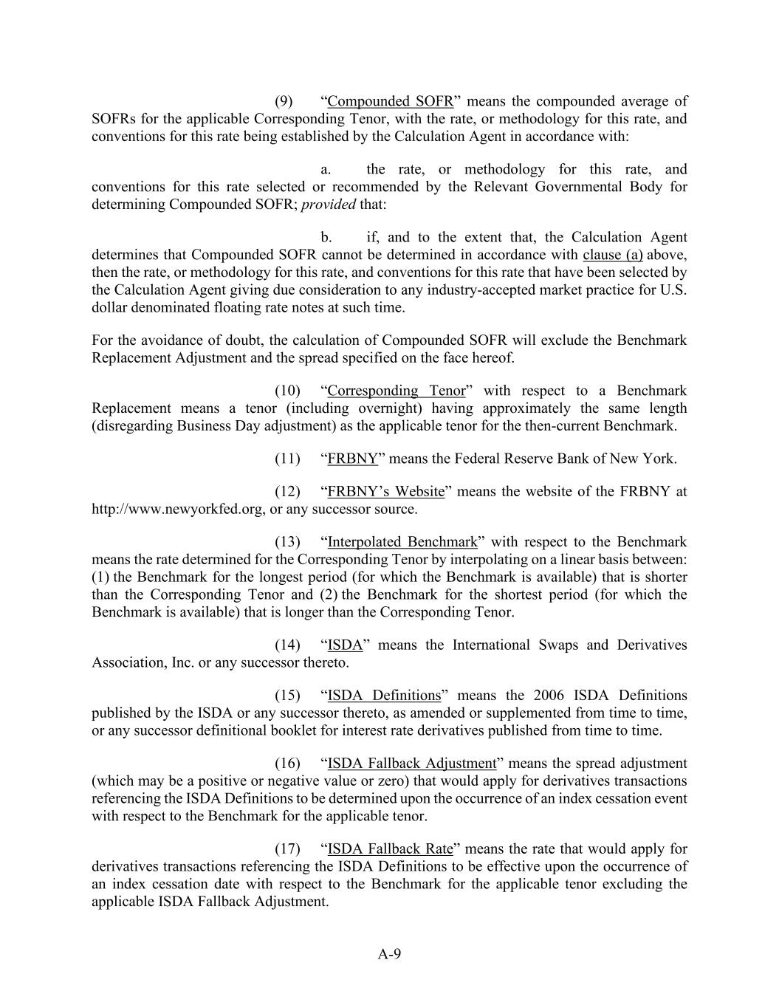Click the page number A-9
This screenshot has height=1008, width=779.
(x=389, y=954)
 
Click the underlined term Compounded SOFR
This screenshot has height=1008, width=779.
(x=390, y=101)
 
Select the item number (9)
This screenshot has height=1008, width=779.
(x=284, y=101)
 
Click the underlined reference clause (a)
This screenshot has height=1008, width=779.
(x=613, y=255)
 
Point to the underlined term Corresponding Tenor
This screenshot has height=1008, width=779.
(x=397, y=391)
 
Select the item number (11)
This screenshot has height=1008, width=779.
(x=287, y=459)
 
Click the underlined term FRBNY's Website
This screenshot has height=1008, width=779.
(x=386, y=491)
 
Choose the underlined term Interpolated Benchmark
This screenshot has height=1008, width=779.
(x=402, y=542)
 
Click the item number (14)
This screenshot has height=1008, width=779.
(x=287, y=645)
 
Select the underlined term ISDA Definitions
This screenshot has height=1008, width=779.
(x=384, y=696)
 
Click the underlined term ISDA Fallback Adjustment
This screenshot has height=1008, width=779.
(x=412, y=764)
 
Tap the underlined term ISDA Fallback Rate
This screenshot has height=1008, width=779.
(x=390, y=849)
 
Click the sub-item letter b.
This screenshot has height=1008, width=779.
(x=326, y=237)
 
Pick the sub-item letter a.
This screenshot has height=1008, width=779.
(x=325, y=169)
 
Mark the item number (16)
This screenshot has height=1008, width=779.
(x=287, y=764)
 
